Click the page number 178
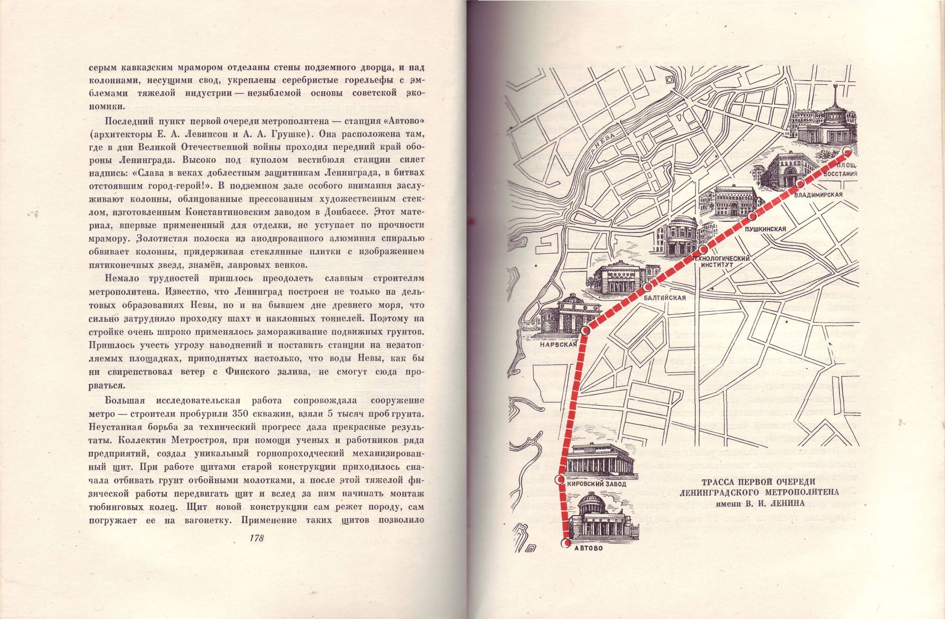pyautogui.click(x=257, y=538)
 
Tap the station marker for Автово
pyautogui.click(x=566, y=543)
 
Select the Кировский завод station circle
pyautogui.click(x=560, y=481)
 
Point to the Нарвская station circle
pyautogui.click(x=585, y=331)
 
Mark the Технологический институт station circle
pyautogui.click(x=703, y=249)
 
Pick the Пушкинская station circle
pyautogui.click(x=752, y=217)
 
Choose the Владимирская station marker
pyautogui.click(x=800, y=184)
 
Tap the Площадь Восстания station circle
pyautogui.click(x=847, y=151)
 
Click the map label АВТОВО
pyautogui.click(x=588, y=548)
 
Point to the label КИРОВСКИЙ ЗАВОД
pyautogui.click(x=596, y=484)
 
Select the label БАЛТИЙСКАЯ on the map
pyautogui.click(x=665, y=298)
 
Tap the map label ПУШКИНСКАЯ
pyautogui.click(x=765, y=229)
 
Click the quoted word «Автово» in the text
pyautogui.click(x=404, y=121)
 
